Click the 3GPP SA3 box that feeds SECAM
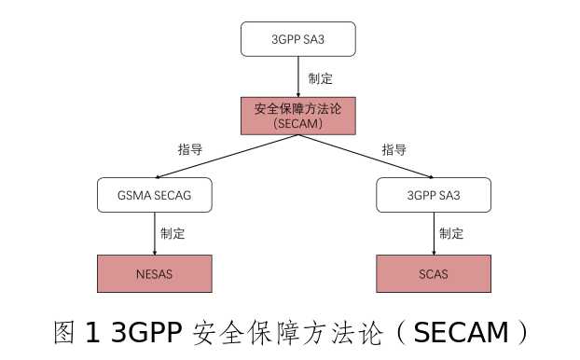pos(297,40)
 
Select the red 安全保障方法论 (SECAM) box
pos(297,116)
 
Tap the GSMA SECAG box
pos(155,195)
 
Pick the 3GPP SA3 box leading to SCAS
pos(434,195)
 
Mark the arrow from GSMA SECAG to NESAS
pos(155,233)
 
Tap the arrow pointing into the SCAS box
pos(434,233)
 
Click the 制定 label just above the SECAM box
pos(321,78)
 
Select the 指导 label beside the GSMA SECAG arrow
pos(189,148)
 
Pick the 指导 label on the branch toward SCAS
pos(394,148)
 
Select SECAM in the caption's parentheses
pos(460,331)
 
